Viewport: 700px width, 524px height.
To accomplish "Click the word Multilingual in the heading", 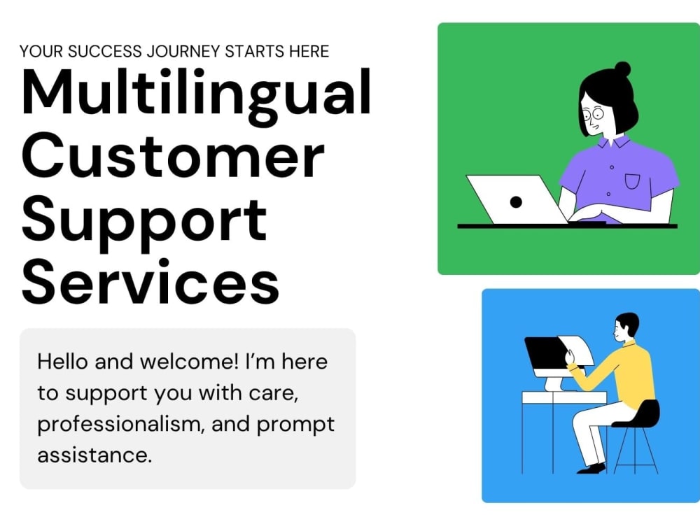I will tap(196, 93).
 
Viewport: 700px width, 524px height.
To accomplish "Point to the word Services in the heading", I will tap(150, 281).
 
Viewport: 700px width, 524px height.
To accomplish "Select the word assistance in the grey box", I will tap(94, 455).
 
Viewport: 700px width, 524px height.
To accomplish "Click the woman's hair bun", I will tap(622, 69).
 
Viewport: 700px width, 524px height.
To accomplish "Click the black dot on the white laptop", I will tap(516, 201).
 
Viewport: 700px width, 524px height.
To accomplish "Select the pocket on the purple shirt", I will tap(632, 181).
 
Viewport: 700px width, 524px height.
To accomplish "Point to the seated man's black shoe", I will tap(591, 468).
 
